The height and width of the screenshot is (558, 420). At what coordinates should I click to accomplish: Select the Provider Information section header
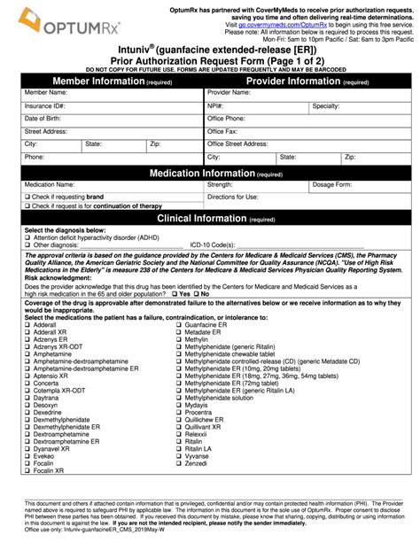(307, 81)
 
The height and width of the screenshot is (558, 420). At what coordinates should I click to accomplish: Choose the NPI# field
(266, 105)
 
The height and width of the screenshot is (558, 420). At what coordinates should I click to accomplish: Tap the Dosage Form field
(372, 184)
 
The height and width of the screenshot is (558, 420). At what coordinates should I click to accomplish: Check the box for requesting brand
(27, 197)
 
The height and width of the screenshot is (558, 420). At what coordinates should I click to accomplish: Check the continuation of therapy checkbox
(27, 206)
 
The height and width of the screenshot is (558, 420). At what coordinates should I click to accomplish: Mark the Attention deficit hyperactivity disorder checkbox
(27, 237)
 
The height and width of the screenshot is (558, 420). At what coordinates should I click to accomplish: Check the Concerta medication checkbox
(27, 357)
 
